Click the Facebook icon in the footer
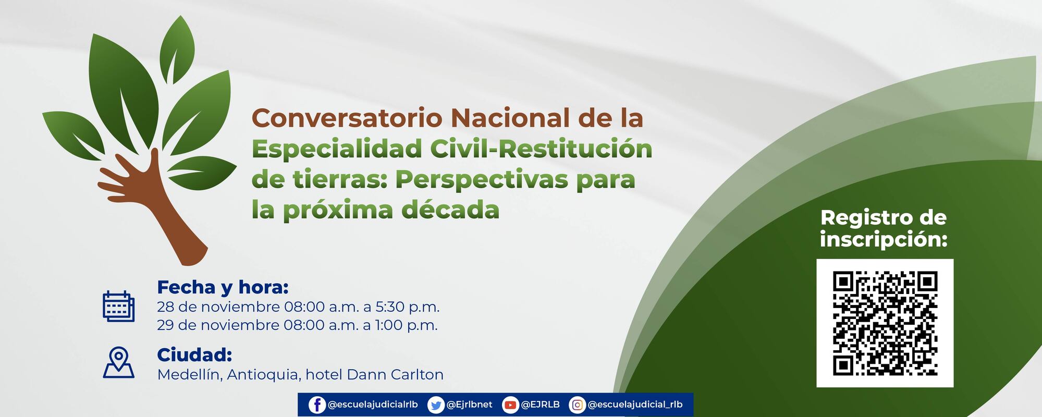[317, 405]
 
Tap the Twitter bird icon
[435, 405]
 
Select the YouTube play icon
[510, 405]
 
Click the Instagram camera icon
[577, 405]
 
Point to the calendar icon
[118, 306]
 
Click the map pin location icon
[119, 362]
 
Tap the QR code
[885, 323]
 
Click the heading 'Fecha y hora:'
[223, 287]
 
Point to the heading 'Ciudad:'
[194, 355]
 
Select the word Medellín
[190, 375]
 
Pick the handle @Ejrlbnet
[469, 405]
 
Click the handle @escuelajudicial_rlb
[635, 405]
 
